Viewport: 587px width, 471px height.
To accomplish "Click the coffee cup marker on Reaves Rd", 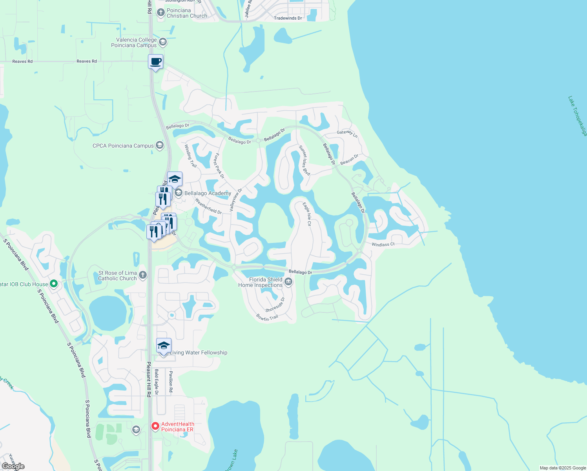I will coord(155,62).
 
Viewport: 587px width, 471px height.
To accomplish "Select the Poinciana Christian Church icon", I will coord(160,13).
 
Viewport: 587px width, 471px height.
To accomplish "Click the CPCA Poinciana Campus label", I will coord(123,146).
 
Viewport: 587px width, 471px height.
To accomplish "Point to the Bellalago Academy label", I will coord(208,193).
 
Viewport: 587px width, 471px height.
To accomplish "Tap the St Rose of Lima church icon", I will coord(143,275).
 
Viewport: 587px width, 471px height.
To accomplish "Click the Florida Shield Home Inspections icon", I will coord(288,281).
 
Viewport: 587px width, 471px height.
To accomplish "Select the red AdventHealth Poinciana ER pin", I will coord(155,426).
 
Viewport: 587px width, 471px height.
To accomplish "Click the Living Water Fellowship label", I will coord(198,352).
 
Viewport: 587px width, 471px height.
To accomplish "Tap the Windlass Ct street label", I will coord(383,245).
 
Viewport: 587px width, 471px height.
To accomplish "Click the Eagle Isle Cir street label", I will coord(307,214).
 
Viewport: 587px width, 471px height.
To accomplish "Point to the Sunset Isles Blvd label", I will coord(304,161).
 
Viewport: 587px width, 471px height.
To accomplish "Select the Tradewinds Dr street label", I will coord(288,18).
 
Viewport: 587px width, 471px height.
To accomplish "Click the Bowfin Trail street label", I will coord(267,318).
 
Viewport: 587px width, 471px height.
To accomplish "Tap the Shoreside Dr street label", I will coord(275,305).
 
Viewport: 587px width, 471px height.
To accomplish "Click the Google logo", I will coord(13,466).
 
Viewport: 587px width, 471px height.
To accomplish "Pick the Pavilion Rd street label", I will coord(171,382).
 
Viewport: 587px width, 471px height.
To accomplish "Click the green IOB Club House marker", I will coord(54,283).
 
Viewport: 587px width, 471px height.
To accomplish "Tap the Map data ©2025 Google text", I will coord(563,468).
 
